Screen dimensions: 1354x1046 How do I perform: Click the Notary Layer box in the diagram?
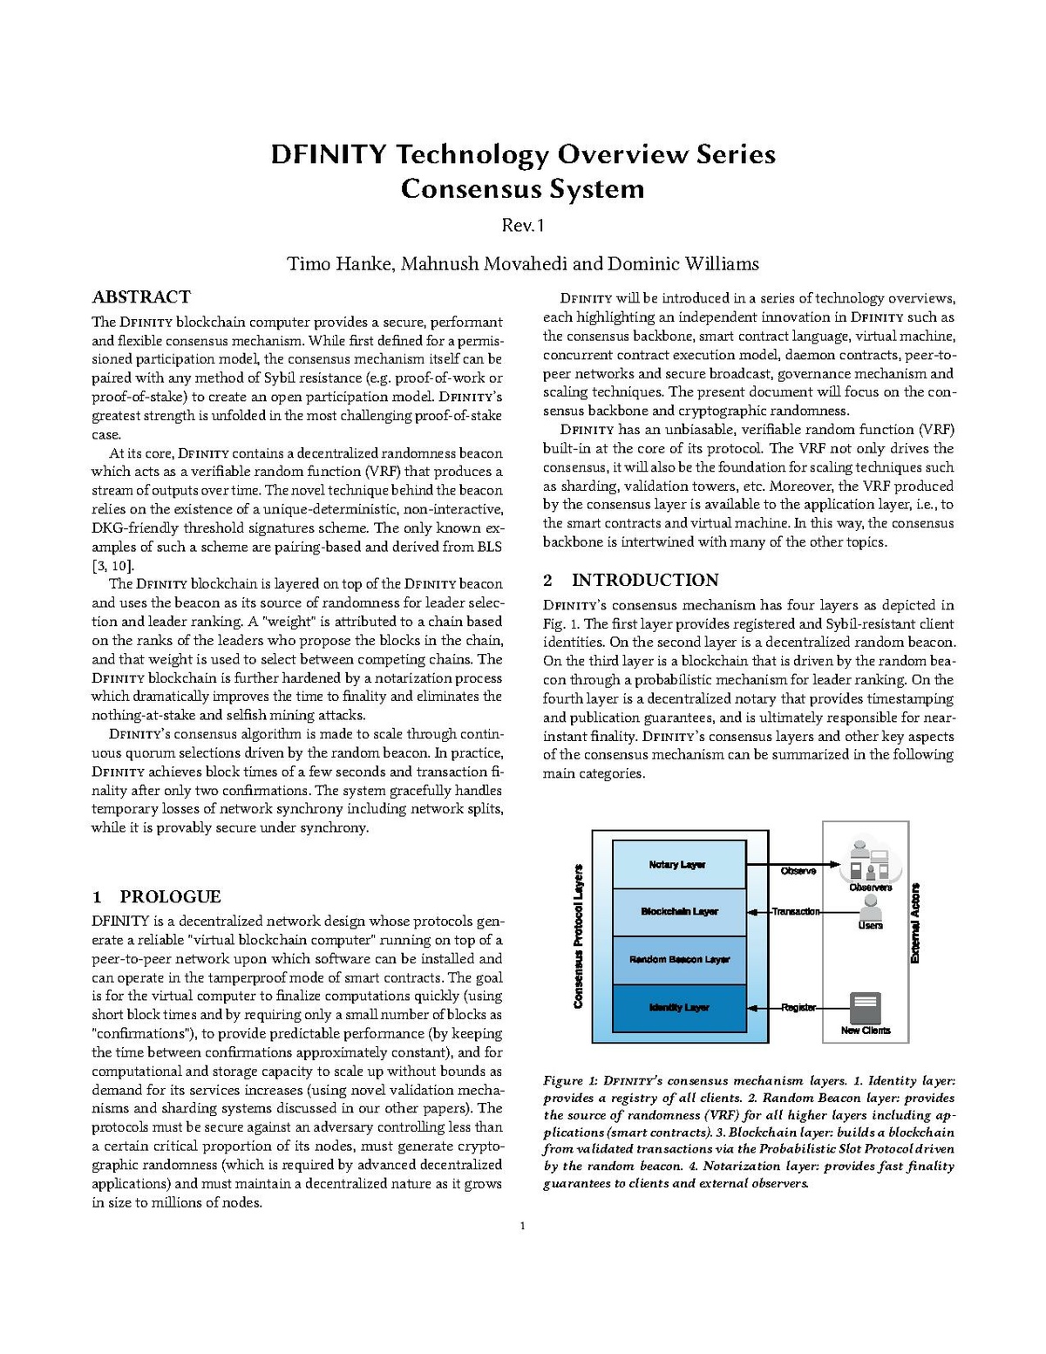(x=679, y=864)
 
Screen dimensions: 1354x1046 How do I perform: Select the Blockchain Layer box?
(x=679, y=912)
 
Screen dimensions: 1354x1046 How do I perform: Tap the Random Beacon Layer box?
(x=679, y=960)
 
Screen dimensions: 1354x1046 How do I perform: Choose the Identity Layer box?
(x=679, y=1008)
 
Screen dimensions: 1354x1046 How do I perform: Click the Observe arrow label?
(x=798, y=871)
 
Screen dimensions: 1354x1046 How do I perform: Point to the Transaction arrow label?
(x=795, y=912)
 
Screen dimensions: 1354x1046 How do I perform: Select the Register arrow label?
(x=798, y=1008)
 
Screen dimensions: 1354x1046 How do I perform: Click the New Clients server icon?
(x=865, y=1006)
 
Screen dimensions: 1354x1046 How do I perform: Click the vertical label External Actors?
(x=915, y=923)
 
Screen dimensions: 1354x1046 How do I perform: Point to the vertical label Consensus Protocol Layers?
(x=578, y=936)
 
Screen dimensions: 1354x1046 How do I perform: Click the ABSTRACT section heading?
(x=141, y=297)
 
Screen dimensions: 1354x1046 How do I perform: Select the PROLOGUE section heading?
(x=170, y=897)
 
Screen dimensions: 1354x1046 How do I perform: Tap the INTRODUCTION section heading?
(x=645, y=581)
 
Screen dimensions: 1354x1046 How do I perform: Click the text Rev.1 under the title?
(x=522, y=226)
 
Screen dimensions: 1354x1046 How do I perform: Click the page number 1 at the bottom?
(x=522, y=1227)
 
